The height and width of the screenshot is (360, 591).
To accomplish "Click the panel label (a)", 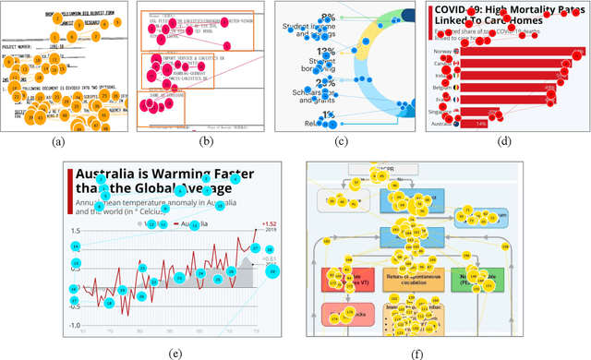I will click(58, 142).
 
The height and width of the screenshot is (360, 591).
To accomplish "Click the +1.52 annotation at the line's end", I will click(270, 224).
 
